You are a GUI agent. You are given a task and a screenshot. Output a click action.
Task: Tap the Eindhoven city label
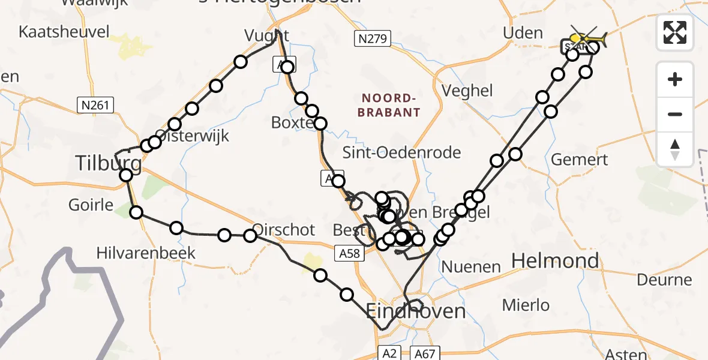tap(416, 311)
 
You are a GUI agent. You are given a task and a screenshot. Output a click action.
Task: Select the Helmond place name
tap(554, 260)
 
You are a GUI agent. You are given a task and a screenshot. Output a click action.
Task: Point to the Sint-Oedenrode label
tap(401, 152)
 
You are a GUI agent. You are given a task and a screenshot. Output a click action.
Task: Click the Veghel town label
tap(467, 91)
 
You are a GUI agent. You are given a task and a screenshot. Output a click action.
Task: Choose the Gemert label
tap(579, 160)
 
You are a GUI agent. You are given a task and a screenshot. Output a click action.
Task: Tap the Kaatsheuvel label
tap(64, 32)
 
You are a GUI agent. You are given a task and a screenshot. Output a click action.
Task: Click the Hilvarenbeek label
tap(146, 253)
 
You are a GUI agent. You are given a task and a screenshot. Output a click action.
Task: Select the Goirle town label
tap(91, 205)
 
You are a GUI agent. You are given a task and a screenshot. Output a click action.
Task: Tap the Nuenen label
tap(470, 266)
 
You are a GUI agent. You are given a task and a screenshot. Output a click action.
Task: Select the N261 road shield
tap(95, 106)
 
